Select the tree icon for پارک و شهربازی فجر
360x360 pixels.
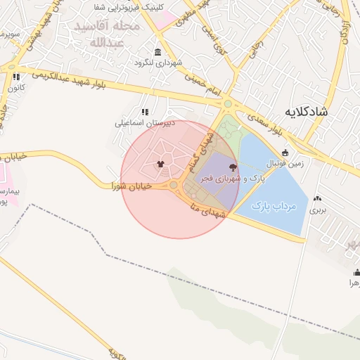(x=233, y=167)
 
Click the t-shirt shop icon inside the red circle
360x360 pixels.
(x=161, y=165)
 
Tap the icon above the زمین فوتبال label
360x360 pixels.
(x=285, y=153)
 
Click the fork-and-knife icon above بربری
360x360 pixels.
(x=319, y=199)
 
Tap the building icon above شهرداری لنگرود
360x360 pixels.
(x=156, y=53)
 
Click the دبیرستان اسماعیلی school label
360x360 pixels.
(x=143, y=122)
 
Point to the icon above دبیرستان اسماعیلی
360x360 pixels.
(x=145, y=111)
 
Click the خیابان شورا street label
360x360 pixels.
(x=135, y=186)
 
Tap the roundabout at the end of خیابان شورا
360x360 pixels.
(x=173, y=185)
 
